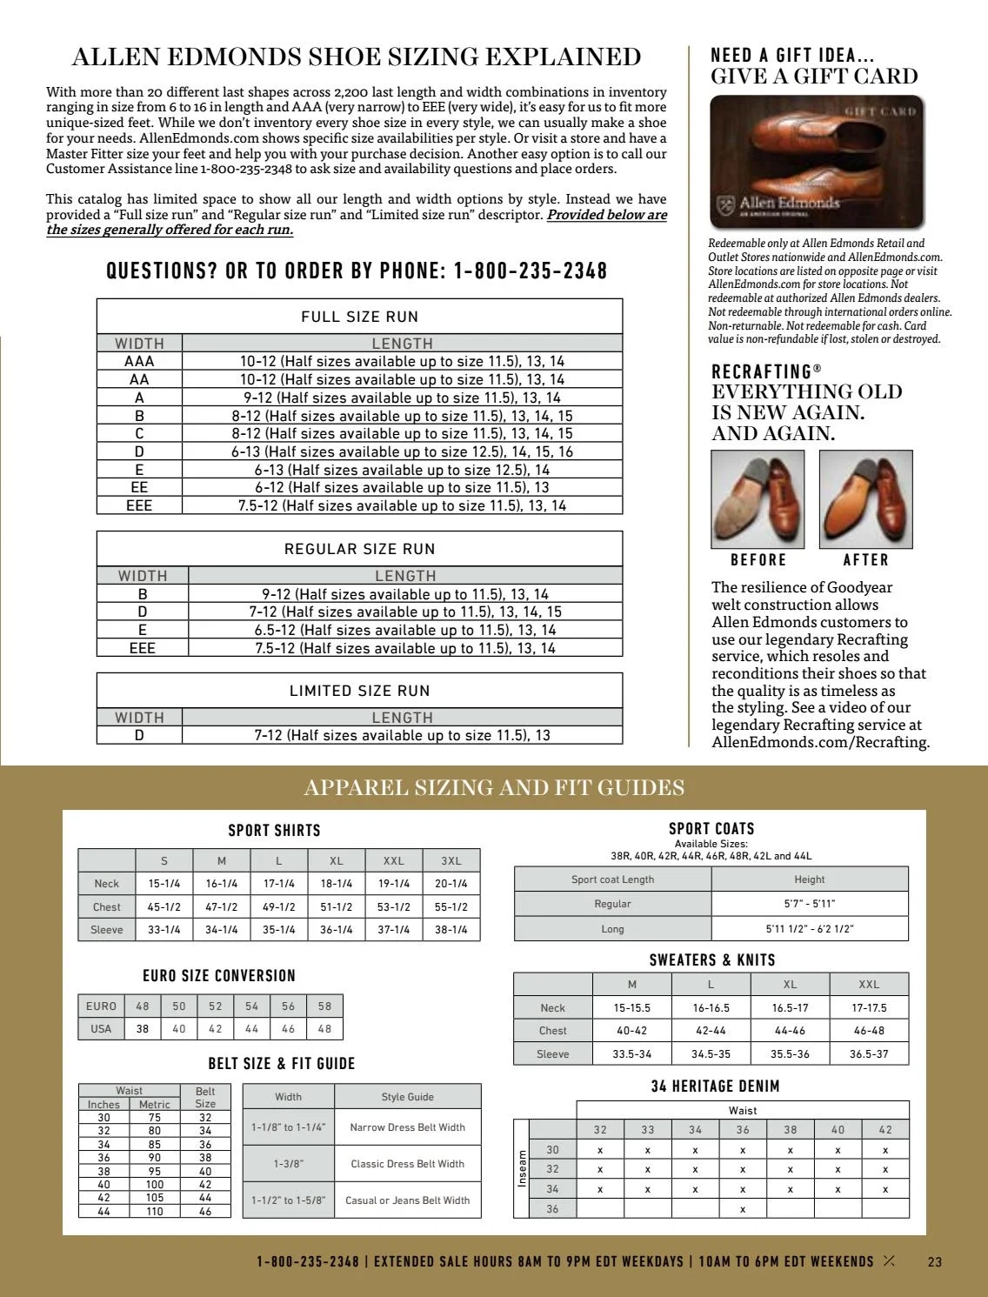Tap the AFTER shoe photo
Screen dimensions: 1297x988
[x=865, y=499]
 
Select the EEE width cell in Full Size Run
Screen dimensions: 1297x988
[x=139, y=505]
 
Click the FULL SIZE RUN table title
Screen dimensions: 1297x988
[x=359, y=317]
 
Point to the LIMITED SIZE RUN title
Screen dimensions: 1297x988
[x=359, y=691]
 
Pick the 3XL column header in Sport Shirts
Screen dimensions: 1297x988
[x=451, y=860]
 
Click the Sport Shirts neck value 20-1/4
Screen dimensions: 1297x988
[x=451, y=883]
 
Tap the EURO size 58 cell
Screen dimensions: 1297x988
[x=324, y=1006]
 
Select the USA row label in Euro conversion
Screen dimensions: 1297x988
[x=101, y=1028]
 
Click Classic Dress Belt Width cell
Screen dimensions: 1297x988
[x=407, y=1164]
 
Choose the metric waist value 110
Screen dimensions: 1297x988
[x=155, y=1211]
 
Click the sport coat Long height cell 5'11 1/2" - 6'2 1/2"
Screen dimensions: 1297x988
[x=809, y=928]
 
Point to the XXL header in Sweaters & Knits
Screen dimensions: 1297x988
[x=869, y=984]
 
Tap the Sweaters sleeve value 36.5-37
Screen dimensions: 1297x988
[x=869, y=1053]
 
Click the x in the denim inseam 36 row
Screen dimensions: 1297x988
[x=743, y=1209]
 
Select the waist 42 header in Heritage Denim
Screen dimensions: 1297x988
[x=885, y=1130]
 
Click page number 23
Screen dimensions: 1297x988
[x=935, y=1262]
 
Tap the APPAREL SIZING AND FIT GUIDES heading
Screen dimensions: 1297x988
[x=494, y=788]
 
